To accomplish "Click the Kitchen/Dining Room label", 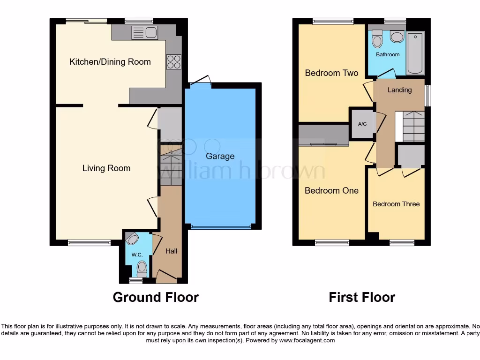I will tap(110, 62).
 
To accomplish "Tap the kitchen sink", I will tap(145, 32).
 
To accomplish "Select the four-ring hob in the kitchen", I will tap(174, 62).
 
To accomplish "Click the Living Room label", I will tap(106, 168).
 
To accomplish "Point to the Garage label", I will tap(220, 156).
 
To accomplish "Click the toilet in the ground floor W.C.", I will tap(142, 268).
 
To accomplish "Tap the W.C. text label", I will tap(136, 255).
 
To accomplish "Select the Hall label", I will tap(171, 251).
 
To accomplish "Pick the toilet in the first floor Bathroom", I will tap(377, 40).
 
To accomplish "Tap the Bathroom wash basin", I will tap(397, 37).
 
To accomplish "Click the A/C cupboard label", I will tap(362, 124).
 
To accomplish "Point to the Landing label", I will tap(399, 90).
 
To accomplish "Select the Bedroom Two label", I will tap(331, 73).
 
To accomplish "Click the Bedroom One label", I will tap(331, 191).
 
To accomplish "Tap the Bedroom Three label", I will tap(396, 204).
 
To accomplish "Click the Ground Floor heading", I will tap(156, 297).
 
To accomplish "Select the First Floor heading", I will tap(362, 297).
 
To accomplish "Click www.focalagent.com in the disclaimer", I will tap(307, 340).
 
